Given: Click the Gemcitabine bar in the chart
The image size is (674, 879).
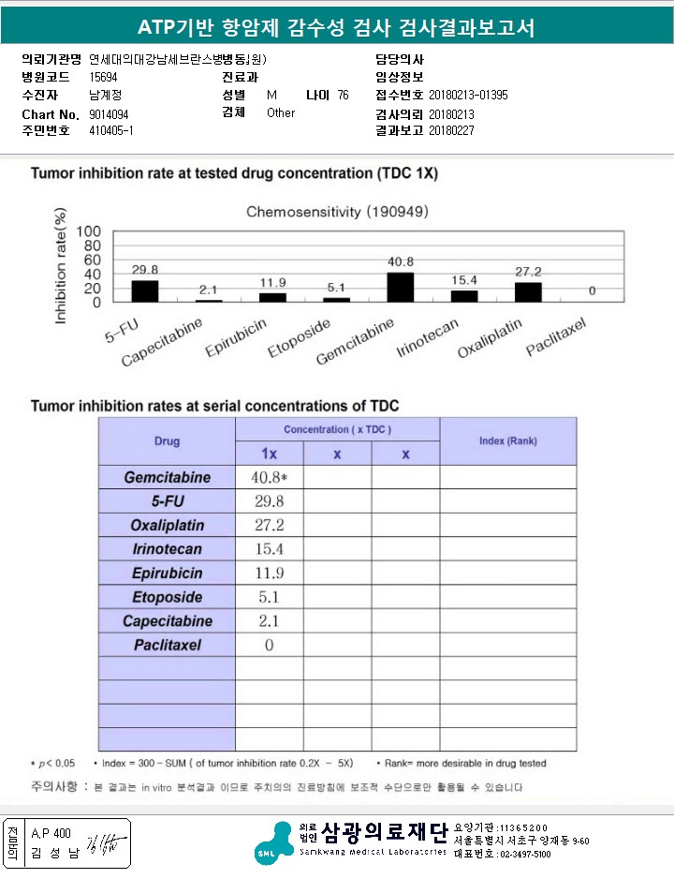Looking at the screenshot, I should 400,286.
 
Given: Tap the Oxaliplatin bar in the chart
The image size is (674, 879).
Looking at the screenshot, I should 528,291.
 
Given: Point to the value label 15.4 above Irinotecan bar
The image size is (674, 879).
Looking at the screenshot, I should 463,280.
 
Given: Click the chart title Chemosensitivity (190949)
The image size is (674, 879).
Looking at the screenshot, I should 337,212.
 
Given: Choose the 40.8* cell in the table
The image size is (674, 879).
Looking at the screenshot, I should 269,477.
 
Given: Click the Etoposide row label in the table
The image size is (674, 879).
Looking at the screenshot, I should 168,597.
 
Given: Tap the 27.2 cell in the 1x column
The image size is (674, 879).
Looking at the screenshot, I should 269,525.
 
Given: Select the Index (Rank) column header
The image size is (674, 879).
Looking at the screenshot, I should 508,440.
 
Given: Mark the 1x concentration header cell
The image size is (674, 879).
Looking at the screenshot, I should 269,454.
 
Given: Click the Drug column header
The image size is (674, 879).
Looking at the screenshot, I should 168,440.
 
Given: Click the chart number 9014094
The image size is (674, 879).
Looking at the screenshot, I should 109,113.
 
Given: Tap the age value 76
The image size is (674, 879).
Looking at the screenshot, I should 343,96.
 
